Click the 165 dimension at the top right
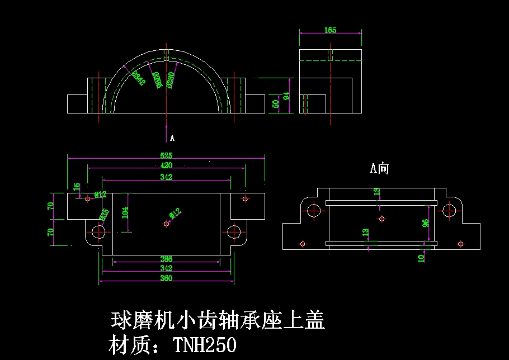tap(330, 30)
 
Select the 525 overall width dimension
tap(166, 155)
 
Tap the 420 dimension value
tap(166, 165)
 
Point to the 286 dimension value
tap(166, 259)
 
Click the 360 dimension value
tap(166, 278)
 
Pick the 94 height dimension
tap(286, 96)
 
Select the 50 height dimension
tap(275, 104)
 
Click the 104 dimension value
tap(125, 212)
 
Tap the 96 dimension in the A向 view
tap(426, 223)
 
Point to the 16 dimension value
tap(77, 187)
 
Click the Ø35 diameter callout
tap(104, 214)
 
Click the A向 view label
tap(379, 168)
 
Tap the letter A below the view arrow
tap(172, 138)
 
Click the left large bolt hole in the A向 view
tap(314, 211)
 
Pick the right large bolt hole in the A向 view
tap(449, 211)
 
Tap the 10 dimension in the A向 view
tap(421, 257)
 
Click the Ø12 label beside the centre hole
tap(175, 213)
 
